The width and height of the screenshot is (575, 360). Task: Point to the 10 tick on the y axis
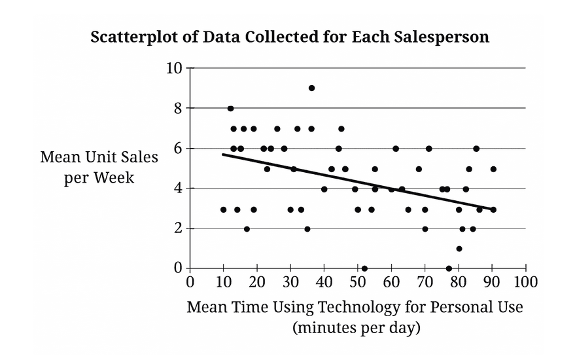[174, 67]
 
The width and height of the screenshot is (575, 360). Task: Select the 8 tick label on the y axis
[177, 108]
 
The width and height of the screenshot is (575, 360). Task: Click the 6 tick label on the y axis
[177, 149]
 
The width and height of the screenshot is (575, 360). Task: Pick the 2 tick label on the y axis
[177, 228]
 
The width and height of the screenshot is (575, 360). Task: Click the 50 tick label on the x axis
[358, 282]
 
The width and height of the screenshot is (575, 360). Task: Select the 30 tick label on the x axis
[290, 282]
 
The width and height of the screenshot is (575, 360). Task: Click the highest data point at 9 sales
[311, 88]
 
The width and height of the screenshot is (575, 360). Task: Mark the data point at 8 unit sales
[230, 109]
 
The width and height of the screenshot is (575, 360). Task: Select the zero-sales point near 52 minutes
[364, 268]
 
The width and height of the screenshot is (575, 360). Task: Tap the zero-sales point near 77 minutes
[449, 268]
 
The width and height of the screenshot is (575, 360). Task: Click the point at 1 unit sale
[459, 249]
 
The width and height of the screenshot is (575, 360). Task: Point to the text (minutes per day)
[356, 327]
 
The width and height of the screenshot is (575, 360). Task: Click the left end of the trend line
[224, 154]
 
